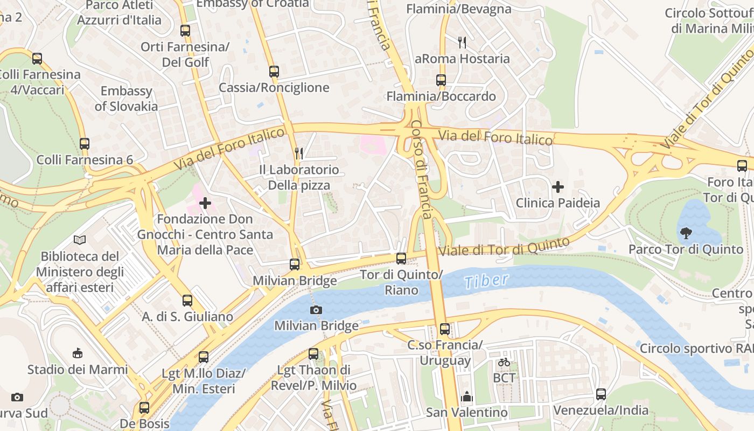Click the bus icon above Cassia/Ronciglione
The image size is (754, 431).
[274, 71]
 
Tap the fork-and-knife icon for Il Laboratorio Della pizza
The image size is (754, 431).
[299, 154]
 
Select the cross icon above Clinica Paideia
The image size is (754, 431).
[558, 187]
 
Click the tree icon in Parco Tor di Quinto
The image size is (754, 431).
[686, 233]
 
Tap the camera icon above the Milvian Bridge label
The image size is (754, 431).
[316, 310]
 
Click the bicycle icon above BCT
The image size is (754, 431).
[504, 362]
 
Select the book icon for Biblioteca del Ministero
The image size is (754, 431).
[80, 240]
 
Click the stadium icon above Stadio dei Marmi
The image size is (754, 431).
[78, 353]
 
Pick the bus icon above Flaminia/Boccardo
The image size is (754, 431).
[441, 80]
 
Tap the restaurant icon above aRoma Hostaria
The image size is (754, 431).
[462, 42]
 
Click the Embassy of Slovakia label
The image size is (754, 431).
[127, 99]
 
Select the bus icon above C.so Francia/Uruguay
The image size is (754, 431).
[444, 329]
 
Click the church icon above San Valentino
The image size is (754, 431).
[466, 397]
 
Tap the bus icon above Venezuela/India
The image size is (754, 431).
[601, 394]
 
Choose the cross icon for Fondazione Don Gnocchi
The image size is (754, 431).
[205, 203]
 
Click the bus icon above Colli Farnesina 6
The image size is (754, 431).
[85, 144]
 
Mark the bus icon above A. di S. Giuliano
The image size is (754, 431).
[187, 301]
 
